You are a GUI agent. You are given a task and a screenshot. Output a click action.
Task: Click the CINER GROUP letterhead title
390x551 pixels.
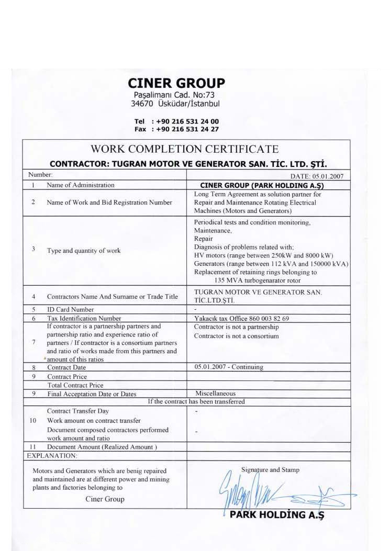point(176,83)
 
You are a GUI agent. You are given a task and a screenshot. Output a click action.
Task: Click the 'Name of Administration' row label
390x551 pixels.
point(81,185)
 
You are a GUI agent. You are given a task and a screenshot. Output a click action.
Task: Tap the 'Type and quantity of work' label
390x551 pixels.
point(84,251)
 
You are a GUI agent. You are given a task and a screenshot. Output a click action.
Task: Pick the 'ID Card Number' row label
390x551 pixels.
point(71,309)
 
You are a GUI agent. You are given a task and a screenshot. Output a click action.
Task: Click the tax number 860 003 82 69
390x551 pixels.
point(267,318)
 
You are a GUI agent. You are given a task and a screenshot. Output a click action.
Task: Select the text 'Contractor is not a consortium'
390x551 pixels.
point(237,336)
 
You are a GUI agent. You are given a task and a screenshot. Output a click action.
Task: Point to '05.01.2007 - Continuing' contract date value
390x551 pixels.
point(229,367)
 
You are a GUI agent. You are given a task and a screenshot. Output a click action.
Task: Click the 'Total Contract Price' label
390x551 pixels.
point(75,385)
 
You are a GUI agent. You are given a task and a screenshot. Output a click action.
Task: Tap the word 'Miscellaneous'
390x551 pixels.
point(215,393)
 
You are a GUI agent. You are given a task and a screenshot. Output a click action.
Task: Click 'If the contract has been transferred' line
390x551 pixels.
point(196,402)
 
